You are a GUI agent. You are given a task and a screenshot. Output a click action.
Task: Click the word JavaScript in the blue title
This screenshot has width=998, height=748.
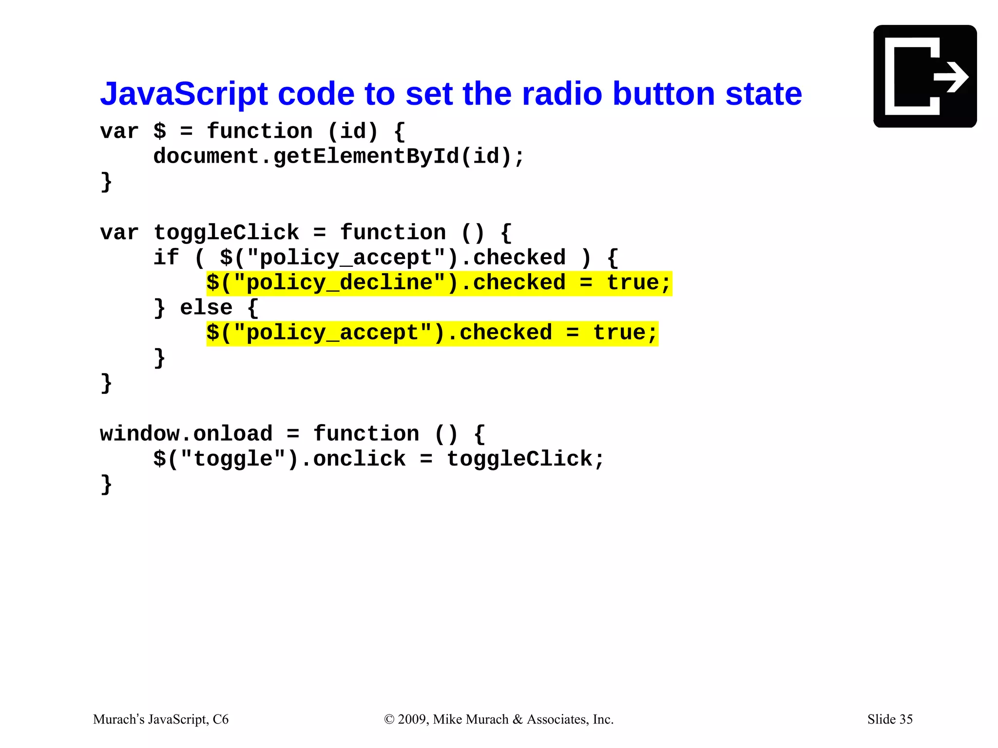184,93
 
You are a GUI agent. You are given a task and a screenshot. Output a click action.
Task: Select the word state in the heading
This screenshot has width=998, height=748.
763,93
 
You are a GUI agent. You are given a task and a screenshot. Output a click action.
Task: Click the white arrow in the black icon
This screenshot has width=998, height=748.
951,77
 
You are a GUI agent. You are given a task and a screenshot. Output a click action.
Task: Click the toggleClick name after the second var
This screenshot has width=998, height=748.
226,232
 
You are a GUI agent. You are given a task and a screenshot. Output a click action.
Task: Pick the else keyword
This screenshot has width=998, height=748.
206,308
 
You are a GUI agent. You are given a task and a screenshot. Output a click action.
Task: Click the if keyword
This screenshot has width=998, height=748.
166,258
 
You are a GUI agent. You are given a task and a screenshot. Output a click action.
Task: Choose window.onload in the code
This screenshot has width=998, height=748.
186,434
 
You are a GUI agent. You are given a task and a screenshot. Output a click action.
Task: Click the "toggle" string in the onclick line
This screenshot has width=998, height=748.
232,459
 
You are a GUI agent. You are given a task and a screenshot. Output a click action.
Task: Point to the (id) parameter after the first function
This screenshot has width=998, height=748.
352,131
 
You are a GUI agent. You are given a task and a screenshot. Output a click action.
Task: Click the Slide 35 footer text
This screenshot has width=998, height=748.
889,719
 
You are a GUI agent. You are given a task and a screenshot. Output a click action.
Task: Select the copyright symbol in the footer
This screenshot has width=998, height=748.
389,719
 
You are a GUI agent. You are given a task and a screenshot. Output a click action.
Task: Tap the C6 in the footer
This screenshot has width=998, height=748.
221,719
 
